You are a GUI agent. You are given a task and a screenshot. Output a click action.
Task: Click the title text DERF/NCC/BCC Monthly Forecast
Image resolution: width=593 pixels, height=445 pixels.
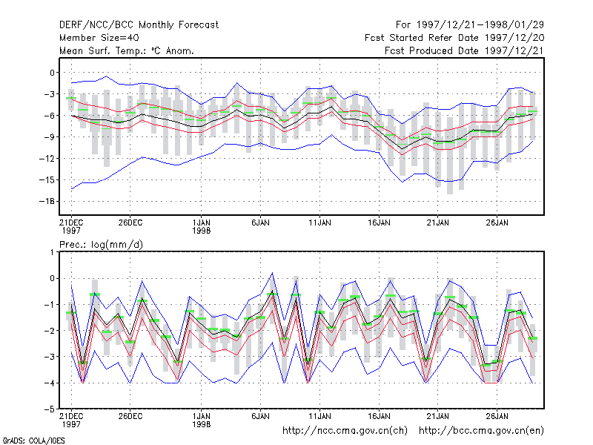point(139,25)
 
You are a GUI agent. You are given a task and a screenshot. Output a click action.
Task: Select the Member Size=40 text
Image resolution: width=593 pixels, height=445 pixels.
point(99,38)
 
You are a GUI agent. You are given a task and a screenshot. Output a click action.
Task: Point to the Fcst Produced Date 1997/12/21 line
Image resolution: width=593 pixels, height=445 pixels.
point(464,50)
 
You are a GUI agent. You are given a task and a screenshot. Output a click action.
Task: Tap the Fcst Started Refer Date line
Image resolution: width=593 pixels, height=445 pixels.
point(454,38)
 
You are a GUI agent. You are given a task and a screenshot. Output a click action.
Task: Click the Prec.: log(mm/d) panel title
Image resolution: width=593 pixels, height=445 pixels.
point(101,245)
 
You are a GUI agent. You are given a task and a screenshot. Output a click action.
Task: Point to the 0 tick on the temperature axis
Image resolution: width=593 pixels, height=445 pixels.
point(52,73)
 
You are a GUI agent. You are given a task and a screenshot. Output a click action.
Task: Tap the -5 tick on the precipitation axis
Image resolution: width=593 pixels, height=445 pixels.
point(50,409)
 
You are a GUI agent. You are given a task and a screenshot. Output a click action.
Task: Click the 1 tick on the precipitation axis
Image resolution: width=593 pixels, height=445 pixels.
point(53,252)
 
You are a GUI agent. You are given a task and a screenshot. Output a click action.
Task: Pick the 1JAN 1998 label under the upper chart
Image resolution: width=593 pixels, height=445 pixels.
point(201,226)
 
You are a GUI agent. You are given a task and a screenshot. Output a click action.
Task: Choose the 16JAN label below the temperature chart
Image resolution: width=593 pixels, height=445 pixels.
point(379,222)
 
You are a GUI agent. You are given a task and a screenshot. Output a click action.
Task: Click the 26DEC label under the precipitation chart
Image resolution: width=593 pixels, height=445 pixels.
point(130,416)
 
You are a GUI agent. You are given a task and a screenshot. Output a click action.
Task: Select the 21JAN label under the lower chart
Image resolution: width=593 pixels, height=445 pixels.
point(438,416)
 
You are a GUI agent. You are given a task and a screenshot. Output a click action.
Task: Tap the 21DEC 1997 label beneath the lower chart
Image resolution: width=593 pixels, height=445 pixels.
point(71,420)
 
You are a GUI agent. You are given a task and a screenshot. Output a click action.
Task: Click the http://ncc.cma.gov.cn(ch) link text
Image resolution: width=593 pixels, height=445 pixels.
point(345,431)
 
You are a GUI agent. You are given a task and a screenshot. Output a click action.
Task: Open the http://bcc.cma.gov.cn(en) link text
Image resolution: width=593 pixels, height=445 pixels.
point(481,431)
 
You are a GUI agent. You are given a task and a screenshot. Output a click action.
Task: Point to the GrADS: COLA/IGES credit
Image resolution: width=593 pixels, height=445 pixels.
point(33,441)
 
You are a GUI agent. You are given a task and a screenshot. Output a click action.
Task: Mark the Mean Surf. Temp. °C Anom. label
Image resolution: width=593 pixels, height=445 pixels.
point(127,50)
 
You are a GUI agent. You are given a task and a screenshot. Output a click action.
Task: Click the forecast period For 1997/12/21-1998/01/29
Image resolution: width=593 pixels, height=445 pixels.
point(470,25)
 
